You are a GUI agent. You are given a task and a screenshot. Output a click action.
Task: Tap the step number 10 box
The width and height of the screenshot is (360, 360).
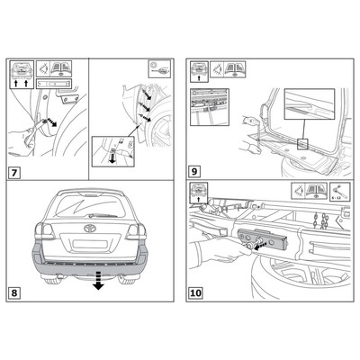pyautogui.click(x=196, y=292)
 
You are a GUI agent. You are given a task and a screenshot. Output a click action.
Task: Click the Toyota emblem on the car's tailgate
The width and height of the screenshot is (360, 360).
pyautogui.click(x=89, y=229)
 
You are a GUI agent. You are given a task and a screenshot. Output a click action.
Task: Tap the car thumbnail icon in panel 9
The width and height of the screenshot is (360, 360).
pyautogui.click(x=199, y=69)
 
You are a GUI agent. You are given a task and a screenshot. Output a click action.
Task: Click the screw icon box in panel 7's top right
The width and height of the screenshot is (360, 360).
pyautogui.click(x=158, y=65)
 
